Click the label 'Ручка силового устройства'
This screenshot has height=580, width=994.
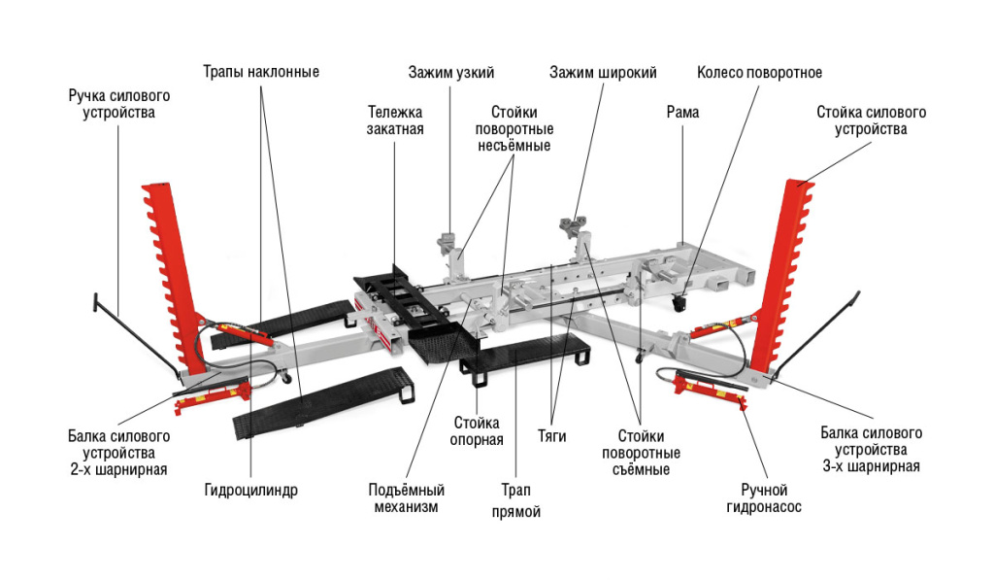118,104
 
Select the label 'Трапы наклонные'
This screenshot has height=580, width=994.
261,72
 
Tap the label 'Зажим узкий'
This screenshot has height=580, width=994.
451,72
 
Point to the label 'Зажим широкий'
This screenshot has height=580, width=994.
603,72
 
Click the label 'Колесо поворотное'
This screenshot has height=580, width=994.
760,72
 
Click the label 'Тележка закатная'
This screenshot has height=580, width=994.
395,119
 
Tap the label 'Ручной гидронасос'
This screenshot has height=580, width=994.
765,497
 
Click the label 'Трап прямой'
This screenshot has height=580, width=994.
516,500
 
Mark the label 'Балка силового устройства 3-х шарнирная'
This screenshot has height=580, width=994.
871,449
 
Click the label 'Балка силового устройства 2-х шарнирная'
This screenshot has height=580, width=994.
118,453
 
